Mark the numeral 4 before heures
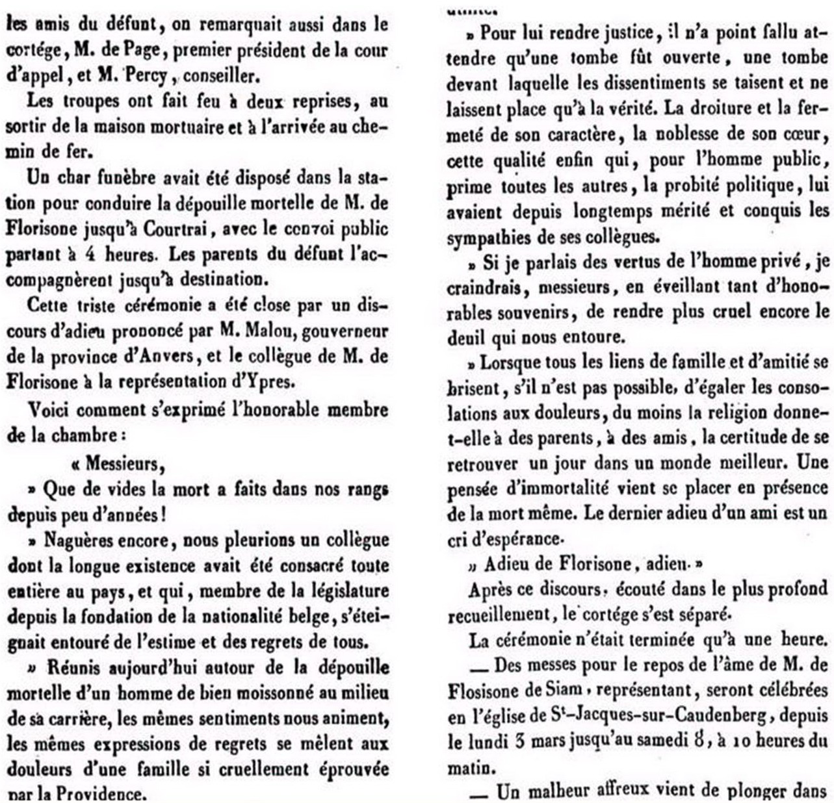92,254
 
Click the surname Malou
255,331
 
